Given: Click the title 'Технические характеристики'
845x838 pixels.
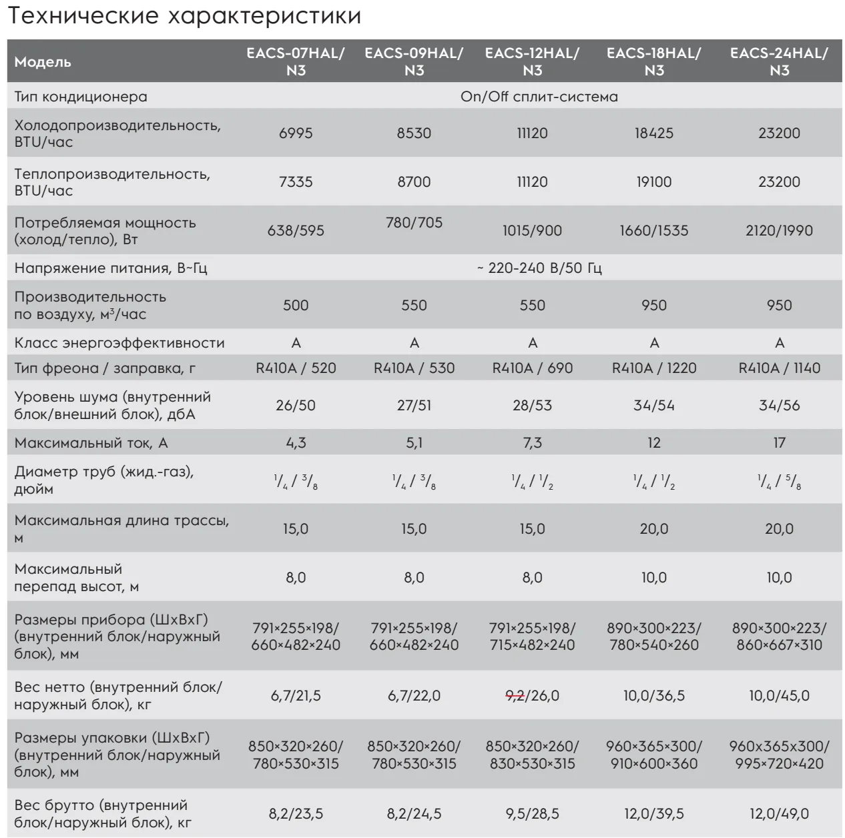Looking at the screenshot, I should pyautogui.click(x=184, y=17).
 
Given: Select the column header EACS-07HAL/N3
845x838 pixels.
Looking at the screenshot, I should pyautogui.click(x=296, y=62).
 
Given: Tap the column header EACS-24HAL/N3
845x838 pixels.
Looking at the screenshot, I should pyautogui.click(x=779, y=62).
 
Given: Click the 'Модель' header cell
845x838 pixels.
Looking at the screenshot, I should pyautogui.click(x=43, y=63).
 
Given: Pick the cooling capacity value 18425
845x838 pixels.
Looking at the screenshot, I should pyautogui.click(x=653, y=133).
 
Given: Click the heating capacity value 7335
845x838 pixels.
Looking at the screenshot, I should pyautogui.click(x=296, y=181).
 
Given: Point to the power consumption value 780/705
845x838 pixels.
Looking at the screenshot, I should pyautogui.click(x=414, y=223).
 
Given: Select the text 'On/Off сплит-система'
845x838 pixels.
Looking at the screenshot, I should pyautogui.click(x=539, y=97).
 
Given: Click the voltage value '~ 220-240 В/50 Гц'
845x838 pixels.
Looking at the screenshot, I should pyautogui.click(x=539, y=268).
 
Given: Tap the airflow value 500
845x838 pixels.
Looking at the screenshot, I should pyautogui.click(x=296, y=306).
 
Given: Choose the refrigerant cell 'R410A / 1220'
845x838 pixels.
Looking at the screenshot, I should pyautogui.click(x=653, y=368).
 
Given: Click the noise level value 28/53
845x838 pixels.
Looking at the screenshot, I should pyautogui.click(x=532, y=406).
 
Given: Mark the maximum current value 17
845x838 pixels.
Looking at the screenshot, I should pyautogui.click(x=779, y=443).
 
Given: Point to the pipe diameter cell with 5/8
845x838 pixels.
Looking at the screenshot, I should pyautogui.click(x=779, y=480).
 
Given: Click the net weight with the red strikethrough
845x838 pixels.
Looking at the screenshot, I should pyautogui.click(x=532, y=696).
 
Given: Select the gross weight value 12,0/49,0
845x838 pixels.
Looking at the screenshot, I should pyautogui.click(x=779, y=814).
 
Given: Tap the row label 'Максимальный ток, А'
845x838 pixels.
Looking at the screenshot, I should pyautogui.click(x=90, y=443).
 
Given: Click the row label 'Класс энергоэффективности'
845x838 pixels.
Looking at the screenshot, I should pyautogui.click(x=119, y=343).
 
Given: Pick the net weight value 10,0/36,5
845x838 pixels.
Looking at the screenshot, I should pyautogui.click(x=653, y=696).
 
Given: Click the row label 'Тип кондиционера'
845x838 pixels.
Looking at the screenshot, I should pyautogui.click(x=81, y=97).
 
